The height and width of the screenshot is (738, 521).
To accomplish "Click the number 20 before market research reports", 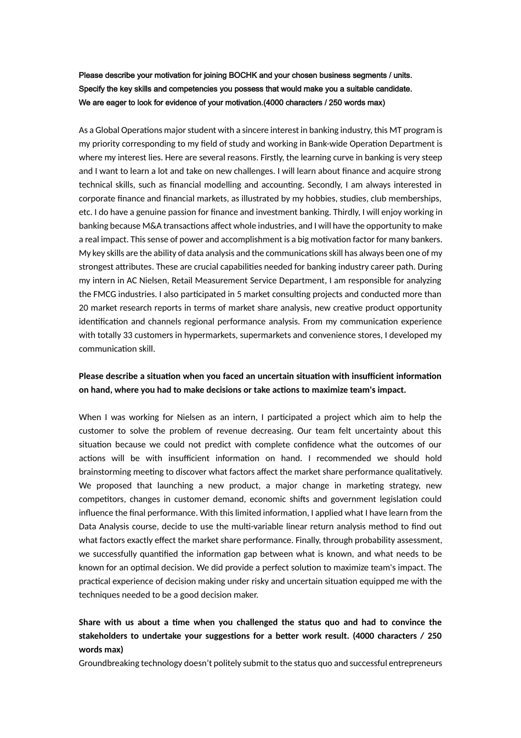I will tap(84, 308).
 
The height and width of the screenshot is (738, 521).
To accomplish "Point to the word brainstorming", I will tap(104, 472).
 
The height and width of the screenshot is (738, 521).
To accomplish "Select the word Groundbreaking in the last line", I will tap(109, 663).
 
